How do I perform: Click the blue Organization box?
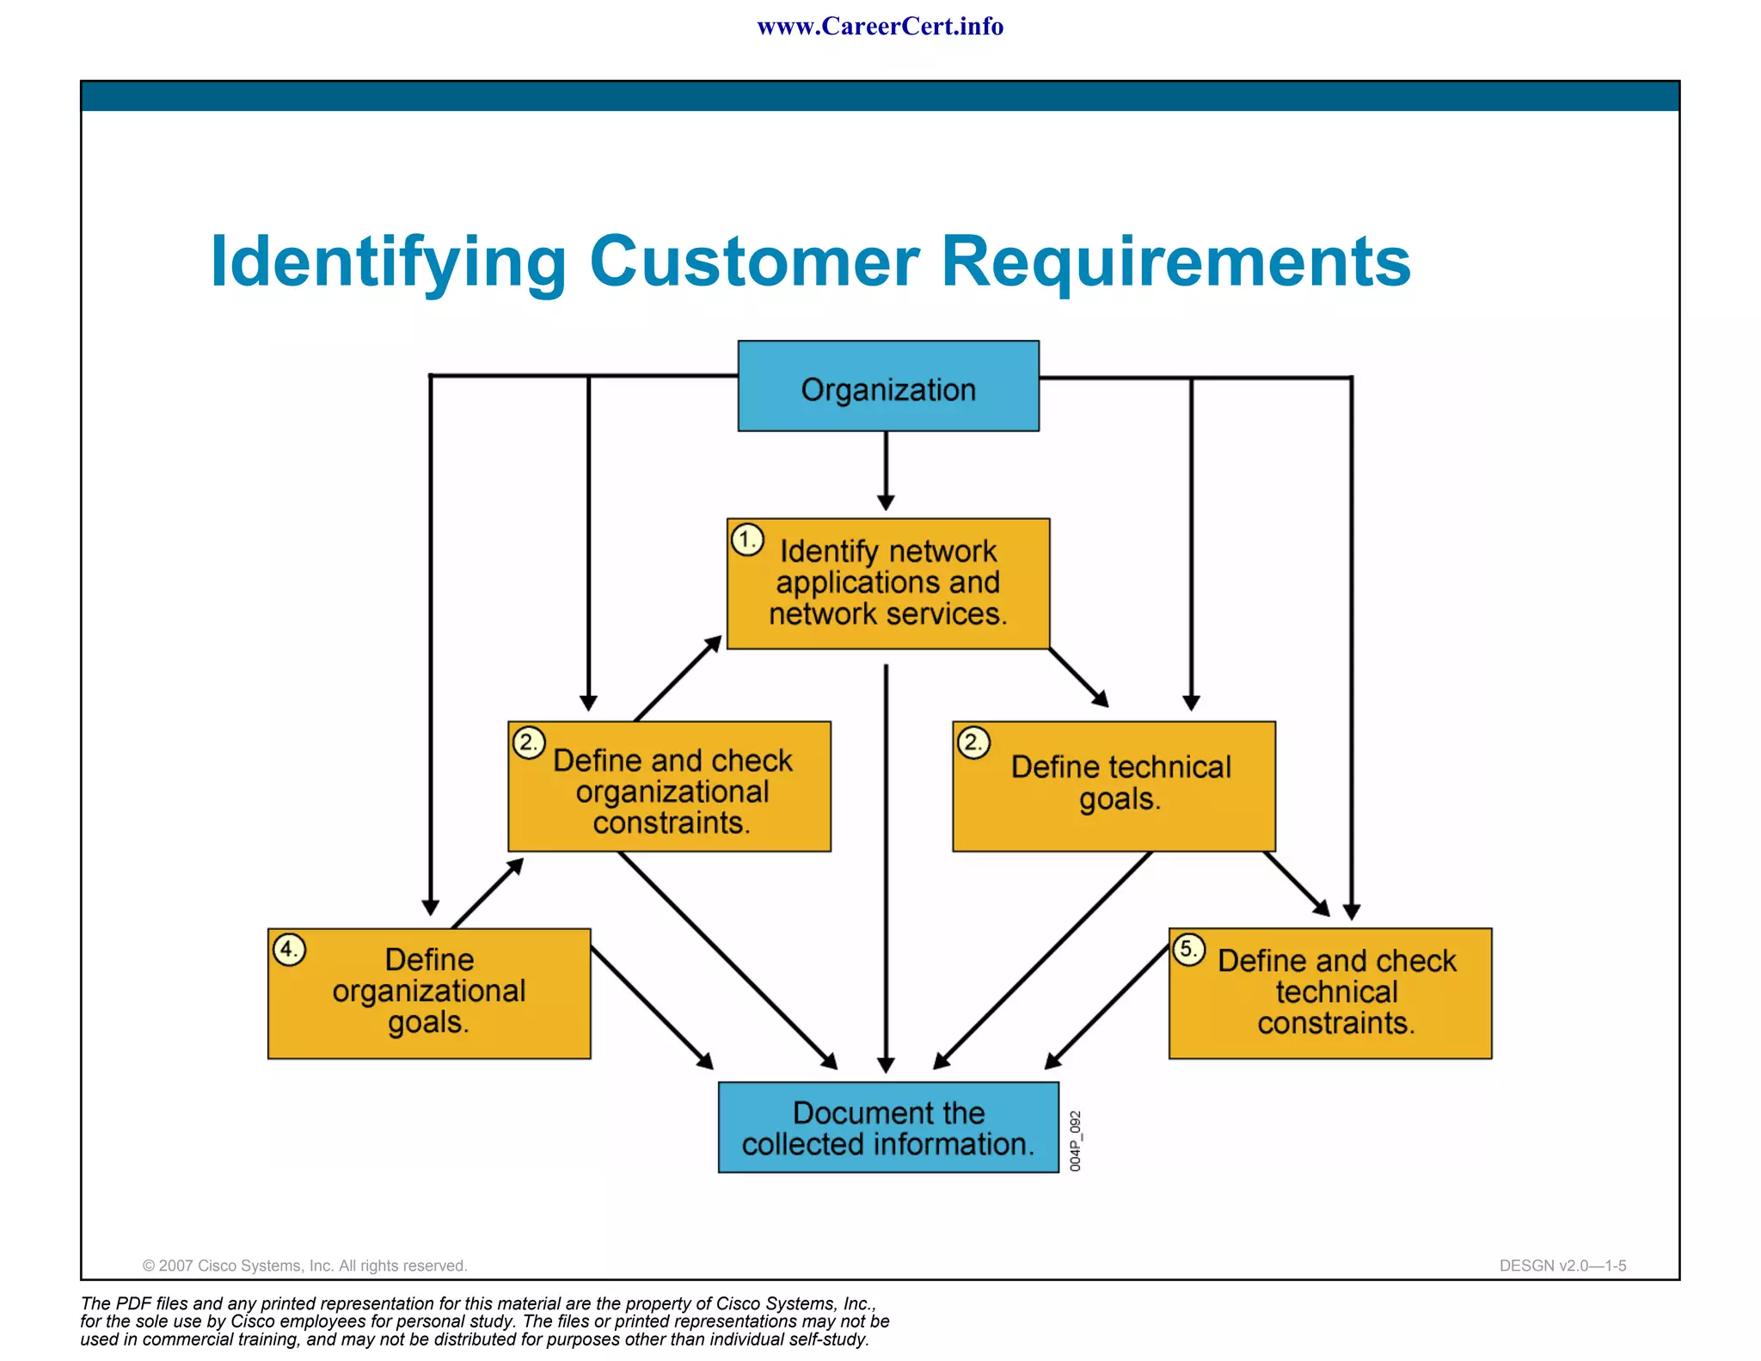coord(887,386)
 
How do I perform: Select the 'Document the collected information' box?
coord(887,1127)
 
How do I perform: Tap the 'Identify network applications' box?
coord(887,583)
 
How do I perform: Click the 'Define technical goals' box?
coord(1114,785)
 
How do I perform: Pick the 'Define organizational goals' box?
coord(428,993)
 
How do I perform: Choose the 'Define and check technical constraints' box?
coord(1329,993)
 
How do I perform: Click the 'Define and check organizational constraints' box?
coord(669,785)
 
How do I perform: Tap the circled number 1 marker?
coord(747,540)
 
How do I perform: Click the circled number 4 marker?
coord(289,950)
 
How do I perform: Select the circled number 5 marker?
coord(1188,950)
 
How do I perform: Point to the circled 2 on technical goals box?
coord(973,742)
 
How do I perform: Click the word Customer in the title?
coord(754,262)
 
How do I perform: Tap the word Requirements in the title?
coord(1175,262)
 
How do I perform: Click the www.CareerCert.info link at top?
coord(880,27)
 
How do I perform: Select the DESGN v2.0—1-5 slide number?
coord(1562,1266)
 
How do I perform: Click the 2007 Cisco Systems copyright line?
coord(304,1266)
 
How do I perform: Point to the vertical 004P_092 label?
coord(1075,1141)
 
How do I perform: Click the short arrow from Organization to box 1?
coord(886,469)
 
